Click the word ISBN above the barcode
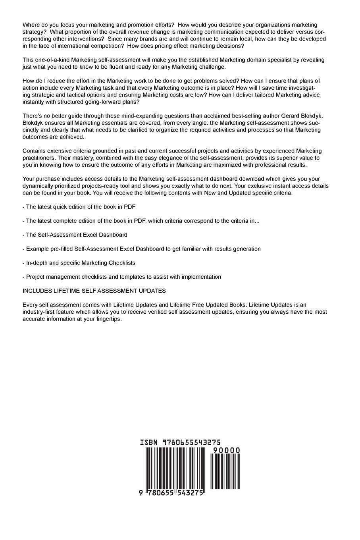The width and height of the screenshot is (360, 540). (149, 442)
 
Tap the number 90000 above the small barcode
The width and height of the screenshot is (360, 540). (226, 450)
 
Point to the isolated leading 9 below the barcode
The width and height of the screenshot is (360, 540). (141, 493)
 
